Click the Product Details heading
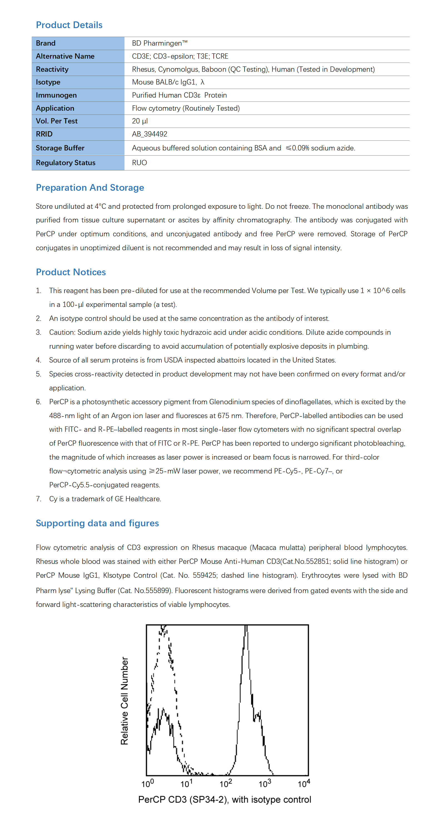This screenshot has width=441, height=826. (69, 25)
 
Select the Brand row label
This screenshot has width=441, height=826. (46, 43)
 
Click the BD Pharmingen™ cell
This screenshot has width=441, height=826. (160, 43)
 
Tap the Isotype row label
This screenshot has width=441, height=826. (48, 82)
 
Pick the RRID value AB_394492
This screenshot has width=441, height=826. (149, 134)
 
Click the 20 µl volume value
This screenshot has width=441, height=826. (140, 121)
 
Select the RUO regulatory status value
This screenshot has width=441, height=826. (139, 163)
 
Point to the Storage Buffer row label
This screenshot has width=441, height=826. (60, 148)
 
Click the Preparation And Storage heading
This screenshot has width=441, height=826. (90, 188)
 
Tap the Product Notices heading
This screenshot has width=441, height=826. (71, 272)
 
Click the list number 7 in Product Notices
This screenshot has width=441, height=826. (38, 499)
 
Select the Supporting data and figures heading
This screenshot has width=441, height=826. (97, 523)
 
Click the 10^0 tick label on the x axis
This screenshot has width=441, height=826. (148, 784)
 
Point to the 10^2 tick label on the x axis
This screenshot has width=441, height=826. (226, 784)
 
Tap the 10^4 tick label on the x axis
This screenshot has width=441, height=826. (304, 784)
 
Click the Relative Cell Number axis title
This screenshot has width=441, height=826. (124, 701)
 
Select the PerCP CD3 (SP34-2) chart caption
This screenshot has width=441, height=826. (224, 800)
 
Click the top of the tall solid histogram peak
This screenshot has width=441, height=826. (246, 627)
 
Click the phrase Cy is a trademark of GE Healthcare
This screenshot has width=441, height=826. (105, 499)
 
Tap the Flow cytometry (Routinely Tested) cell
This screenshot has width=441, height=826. (186, 108)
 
